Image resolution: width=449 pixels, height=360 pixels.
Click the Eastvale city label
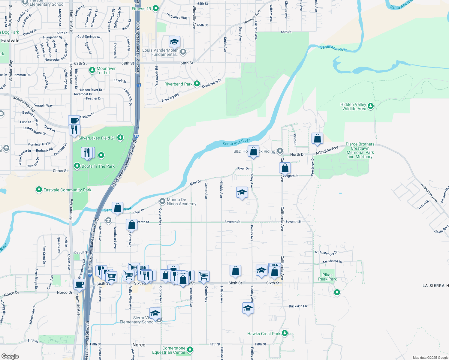click(x=10, y=40)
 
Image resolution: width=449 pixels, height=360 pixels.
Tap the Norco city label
click(x=139, y=345)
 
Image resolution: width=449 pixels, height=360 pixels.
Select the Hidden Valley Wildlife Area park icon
click(x=371, y=106)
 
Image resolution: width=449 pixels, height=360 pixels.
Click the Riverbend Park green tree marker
click(x=197, y=84)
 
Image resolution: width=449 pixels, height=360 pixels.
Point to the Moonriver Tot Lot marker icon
click(x=92, y=70)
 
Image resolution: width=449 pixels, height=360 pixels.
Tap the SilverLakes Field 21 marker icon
click(x=120, y=138)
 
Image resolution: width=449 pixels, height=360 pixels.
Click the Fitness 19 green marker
click(x=155, y=8)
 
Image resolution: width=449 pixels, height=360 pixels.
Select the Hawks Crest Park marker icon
click(x=285, y=333)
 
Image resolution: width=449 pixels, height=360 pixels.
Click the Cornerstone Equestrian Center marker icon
click(x=190, y=349)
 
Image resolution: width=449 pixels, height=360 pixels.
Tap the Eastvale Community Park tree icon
click(x=39, y=190)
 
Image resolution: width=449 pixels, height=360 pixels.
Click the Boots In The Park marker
click(x=77, y=166)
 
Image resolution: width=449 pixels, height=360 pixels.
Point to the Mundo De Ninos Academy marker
click(x=162, y=201)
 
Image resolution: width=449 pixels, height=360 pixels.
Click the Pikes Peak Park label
click(x=327, y=277)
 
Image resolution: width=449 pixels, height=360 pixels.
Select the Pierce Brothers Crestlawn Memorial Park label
click(x=360, y=150)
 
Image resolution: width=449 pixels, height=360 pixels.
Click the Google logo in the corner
click(x=10, y=356)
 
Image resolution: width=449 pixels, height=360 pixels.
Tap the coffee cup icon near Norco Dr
click(x=79, y=284)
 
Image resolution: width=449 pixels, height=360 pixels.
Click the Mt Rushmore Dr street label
click(x=326, y=253)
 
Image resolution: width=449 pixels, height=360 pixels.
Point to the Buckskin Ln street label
click(x=298, y=306)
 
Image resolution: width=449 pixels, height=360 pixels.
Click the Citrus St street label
click(x=60, y=171)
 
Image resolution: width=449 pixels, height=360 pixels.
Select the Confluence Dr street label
click(x=212, y=83)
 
